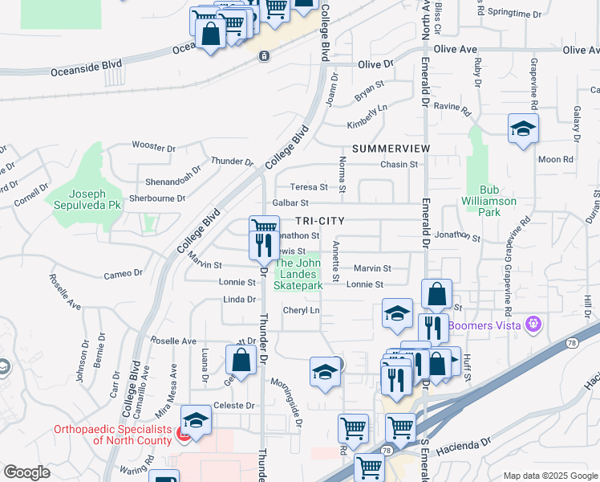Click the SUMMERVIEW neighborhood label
click(x=391, y=149)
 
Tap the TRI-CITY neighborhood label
click(x=319, y=220)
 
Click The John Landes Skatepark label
click(x=299, y=274)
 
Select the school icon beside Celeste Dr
click(x=196, y=420)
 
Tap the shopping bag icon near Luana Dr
click(x=241, y=360)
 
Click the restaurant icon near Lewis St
click(x=263, y=244)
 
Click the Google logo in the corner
click(x=26, y=472)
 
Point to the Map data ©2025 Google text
click(x=549, y=476)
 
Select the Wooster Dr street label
click(x=153, y=148)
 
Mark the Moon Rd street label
click(x=555, y=160)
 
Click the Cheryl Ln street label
click(x=301, y=311)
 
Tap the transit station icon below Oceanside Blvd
click(x=265, y=56)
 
